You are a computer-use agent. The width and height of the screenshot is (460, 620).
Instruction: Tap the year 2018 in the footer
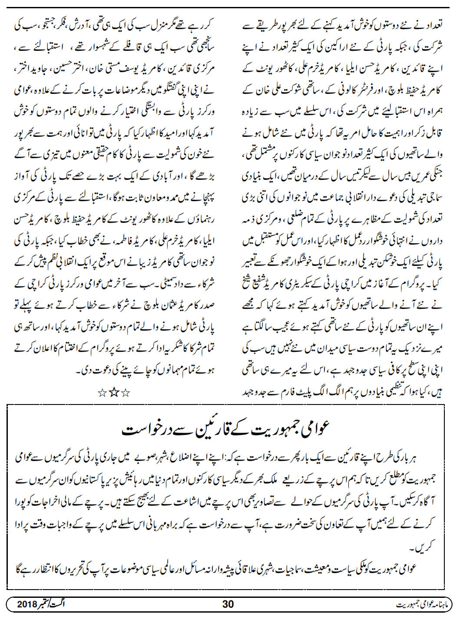(29, 604)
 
